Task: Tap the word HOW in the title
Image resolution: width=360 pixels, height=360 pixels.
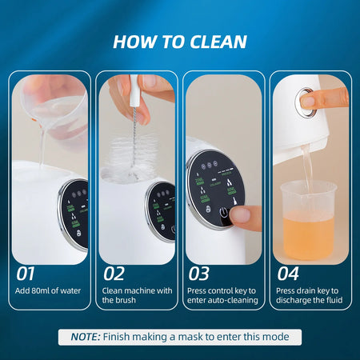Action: (x=134, y=41)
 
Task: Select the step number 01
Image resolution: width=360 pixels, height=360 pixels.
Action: (x=26, y=273)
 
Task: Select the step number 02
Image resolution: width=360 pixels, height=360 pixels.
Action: (x=114, y=273)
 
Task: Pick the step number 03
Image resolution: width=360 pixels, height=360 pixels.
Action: (x=199, y=273)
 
